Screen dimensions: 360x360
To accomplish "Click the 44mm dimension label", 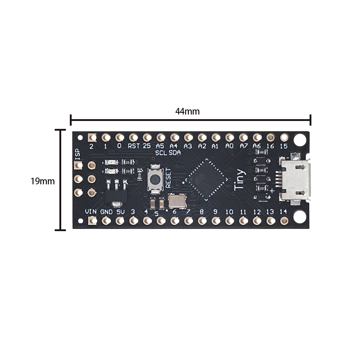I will (187, 111).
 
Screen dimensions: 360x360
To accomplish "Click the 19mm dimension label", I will (42, 181).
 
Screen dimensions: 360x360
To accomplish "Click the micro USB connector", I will (295, 179).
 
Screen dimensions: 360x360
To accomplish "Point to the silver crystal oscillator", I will (177, 201).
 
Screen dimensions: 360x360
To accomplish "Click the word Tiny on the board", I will (240, 180).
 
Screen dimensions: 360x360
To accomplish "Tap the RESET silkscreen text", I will (168, 178).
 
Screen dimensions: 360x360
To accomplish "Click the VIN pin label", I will (91, 212).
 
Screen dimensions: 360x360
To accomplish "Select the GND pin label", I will (106, 212).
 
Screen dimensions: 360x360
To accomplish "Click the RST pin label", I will (134, 146).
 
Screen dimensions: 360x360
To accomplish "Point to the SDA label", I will (174, 153).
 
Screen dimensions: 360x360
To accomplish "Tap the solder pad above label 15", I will (284, 137).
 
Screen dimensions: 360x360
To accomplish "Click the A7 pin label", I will (243, 146).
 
